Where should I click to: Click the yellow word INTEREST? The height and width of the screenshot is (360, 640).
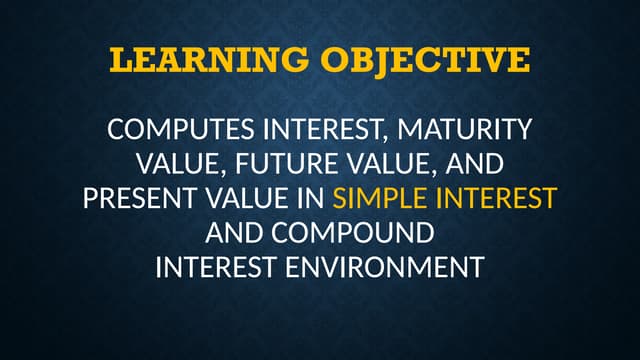(492, 198)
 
